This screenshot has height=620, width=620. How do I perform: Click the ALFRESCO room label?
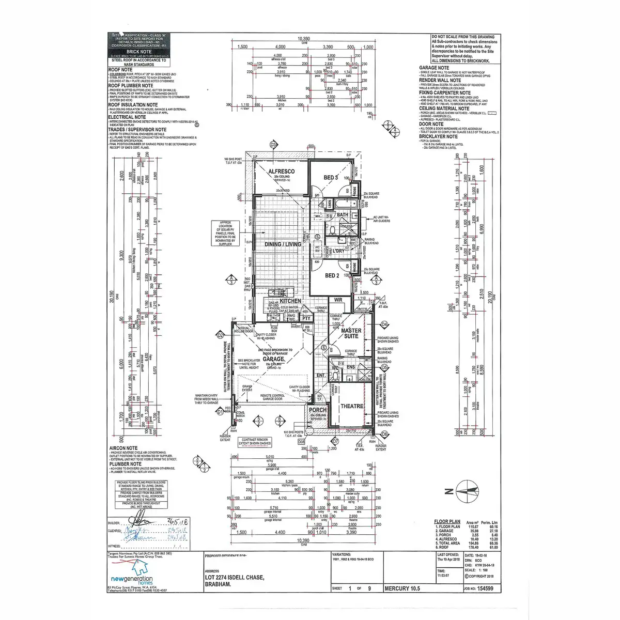coord(281,171)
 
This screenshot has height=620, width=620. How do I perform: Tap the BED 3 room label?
coord(331,178)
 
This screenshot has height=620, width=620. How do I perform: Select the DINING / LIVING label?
coord(283,244)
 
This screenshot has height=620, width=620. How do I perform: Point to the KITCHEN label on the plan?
coord(290,301)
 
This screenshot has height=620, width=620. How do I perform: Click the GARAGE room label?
coord(273,359)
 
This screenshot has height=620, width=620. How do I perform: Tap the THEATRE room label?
coord(351,406)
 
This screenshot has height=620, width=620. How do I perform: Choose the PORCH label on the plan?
coord(317,410)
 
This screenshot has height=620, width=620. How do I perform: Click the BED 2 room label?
coord(331,275)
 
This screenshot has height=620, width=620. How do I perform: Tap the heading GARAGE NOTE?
coord(433,68)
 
